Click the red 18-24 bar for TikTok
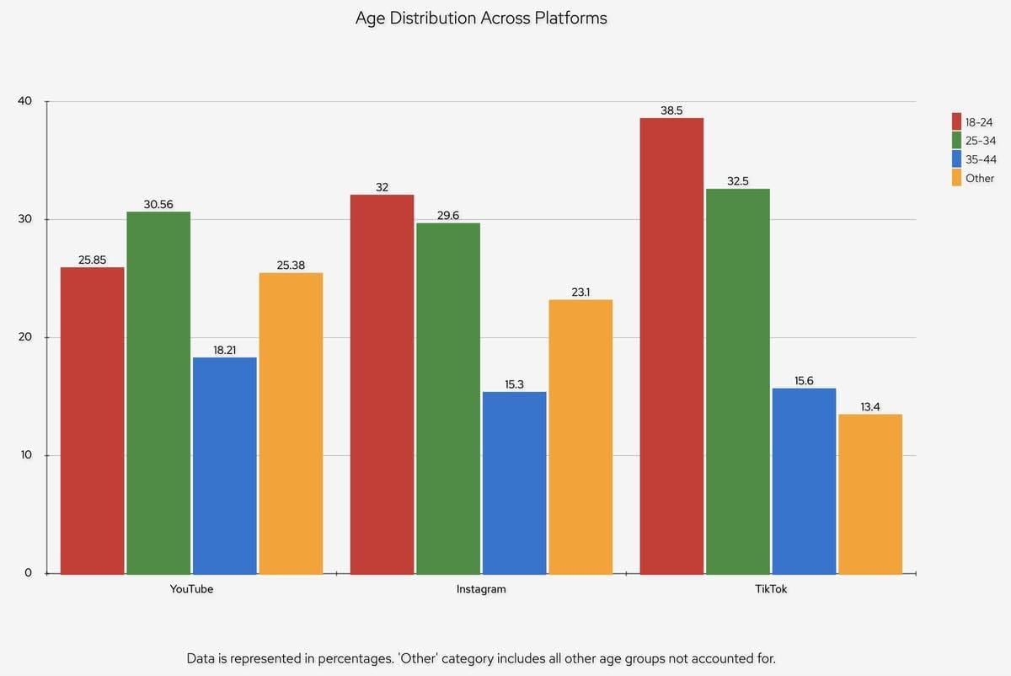(671, 346)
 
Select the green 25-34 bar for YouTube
(158, 393)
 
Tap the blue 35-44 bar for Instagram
(515, 483)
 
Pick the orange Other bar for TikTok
(870, 494)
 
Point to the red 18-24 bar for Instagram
(382, 384)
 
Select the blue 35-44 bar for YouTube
(225, 465)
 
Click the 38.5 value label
(671, 110)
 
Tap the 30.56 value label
(158, 204)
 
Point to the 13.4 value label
(870, 406)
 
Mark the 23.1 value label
(580, 292)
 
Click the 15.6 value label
(804, 381)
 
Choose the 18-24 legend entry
(973, 122)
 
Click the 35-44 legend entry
(973, 159)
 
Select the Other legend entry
(973, 179)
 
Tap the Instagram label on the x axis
(481, 589)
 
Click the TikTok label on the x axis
(771, 589)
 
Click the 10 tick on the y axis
(25, 455)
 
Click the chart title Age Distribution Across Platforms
(481, 18)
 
